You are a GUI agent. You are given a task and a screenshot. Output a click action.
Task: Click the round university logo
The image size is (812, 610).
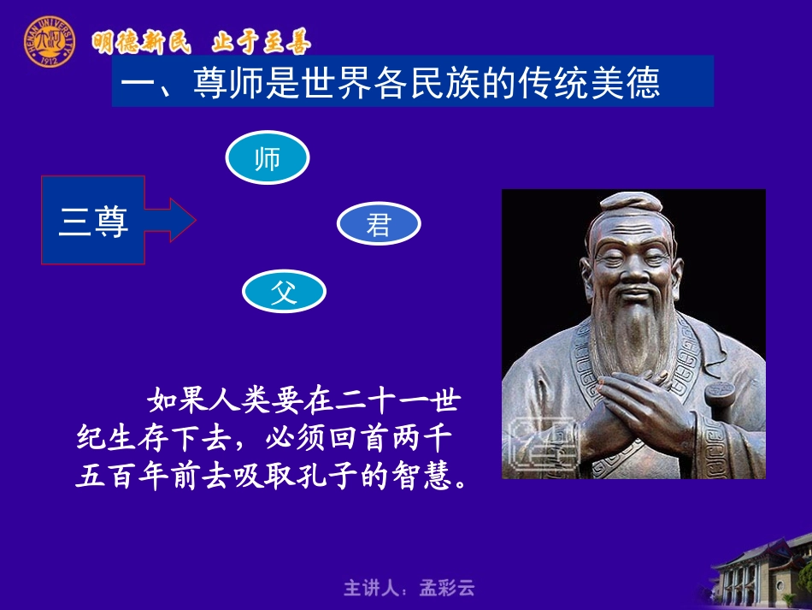tap(49, 40)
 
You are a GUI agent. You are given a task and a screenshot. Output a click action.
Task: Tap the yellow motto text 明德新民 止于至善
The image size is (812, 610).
tap(202, 41)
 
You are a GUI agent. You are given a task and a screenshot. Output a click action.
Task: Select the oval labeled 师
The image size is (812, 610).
tap(267, 159)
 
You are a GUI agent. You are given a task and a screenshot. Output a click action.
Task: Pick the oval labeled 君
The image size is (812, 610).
tap(379, 225)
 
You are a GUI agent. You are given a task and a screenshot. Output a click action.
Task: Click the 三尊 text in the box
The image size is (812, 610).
tap(93, 222)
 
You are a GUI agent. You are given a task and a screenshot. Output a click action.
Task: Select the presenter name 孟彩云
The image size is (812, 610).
tap(447, 588)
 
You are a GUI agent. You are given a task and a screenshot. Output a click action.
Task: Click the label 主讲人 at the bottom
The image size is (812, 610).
tap(372, 588)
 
